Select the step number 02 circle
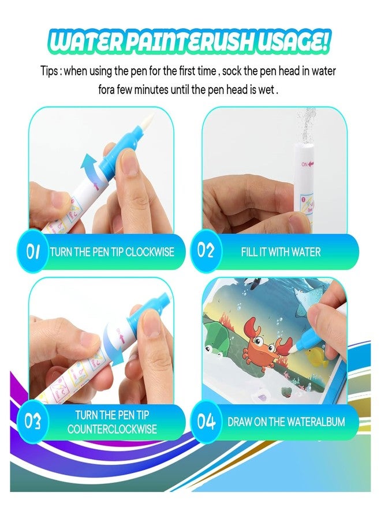point(206,251)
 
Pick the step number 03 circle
point(32,422)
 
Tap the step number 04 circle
point(206,422)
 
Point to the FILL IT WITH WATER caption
point(281,252)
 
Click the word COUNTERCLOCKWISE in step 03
point(113,429)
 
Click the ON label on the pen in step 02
point(304,164)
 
